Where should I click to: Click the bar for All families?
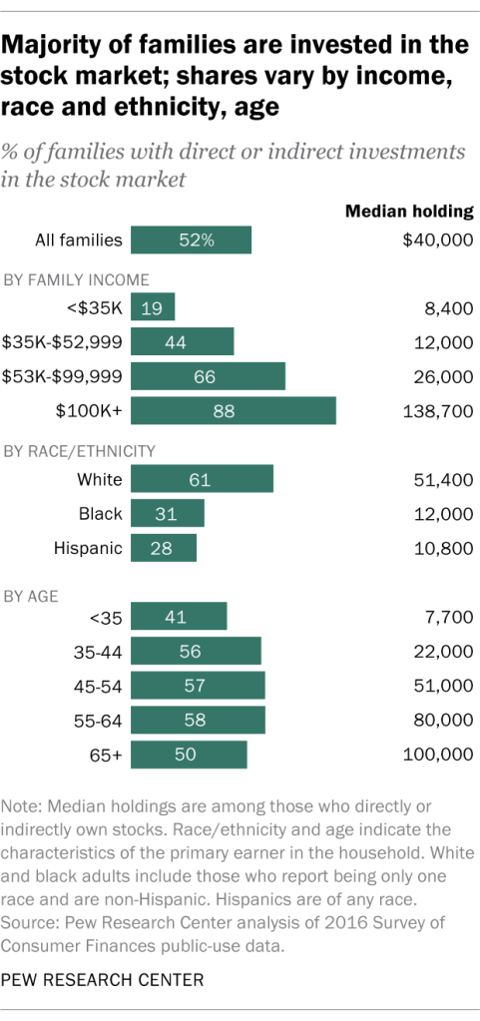(x=192, y=241)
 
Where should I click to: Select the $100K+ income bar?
(x=234, y=410)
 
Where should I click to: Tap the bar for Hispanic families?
(x=164, y=548)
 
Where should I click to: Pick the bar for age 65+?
(x=189, y=756)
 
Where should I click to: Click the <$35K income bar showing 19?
(x=153, y=308)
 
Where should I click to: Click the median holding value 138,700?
(x=438, y=410)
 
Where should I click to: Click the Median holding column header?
(x=408, y=211)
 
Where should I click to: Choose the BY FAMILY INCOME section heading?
(x=78, y=279)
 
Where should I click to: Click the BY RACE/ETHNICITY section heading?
(x=81, y=451)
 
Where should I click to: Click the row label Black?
(x=100, y=514)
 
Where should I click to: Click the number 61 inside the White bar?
(x=201, y=480)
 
